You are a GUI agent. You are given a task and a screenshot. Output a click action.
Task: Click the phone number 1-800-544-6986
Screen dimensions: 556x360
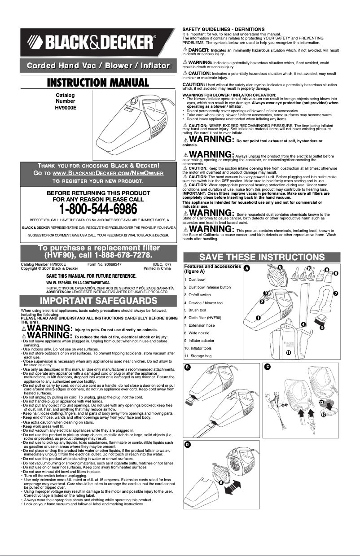click(x=98, y=209)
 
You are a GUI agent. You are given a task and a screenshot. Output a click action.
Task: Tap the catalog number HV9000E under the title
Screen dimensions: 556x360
click(x=65, y=108)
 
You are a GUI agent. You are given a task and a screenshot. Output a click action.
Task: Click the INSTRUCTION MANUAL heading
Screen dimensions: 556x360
click(x=98, y=83)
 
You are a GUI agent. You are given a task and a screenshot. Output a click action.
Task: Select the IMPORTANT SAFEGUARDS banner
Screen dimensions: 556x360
click(x=98, y=300)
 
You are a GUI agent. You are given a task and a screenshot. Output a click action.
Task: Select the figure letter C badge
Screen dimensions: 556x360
click(x=267, y=368)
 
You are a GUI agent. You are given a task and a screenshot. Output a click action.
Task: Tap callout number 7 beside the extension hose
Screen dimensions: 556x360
click(x=348, y=293)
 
